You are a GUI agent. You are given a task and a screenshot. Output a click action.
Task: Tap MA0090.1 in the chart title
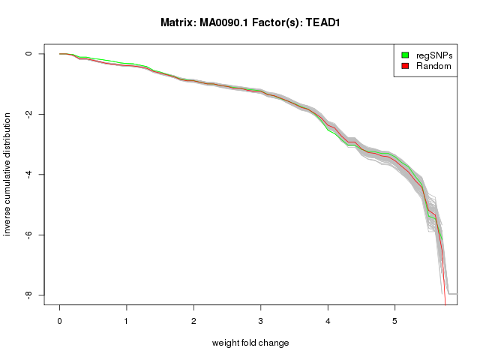click(x=225, y=22)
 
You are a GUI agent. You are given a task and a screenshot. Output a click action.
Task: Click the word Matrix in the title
click(x=178, y=22)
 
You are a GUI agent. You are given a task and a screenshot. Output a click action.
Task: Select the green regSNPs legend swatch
click(x=405, y=55)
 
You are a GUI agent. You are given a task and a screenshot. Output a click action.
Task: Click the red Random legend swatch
click(x=405, y=66)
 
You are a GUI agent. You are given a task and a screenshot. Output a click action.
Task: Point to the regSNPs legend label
click(x=434, y=55)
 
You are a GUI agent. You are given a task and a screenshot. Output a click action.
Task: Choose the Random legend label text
click(x=433, y=66)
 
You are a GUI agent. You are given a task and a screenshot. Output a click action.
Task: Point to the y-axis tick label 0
click(x=29, y=54)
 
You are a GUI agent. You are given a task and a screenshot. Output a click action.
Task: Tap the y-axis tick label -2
click(x=29, y=114)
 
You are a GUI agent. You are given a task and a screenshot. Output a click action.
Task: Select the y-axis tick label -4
click(x=29, y=175)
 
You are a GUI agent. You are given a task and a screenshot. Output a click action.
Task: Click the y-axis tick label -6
click(x=29, y=235)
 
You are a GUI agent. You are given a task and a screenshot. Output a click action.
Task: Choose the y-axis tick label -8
click(x=29, y=295)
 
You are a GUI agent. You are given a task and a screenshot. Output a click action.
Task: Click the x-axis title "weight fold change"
click(x=250, y=343)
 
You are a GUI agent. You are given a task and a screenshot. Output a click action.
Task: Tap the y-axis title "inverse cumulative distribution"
click(x=8, y=175)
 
